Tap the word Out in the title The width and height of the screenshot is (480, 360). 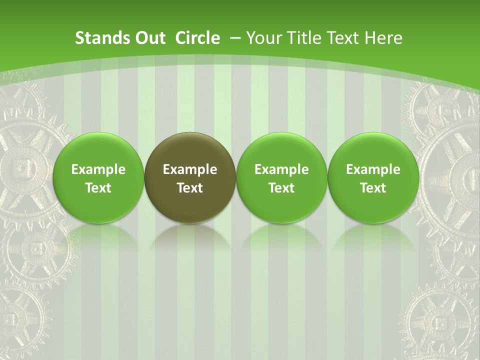point(148,38)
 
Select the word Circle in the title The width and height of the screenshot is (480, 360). point(197,38)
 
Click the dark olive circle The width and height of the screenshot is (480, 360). point(190,177)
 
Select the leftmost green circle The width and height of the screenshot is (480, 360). point(98,177)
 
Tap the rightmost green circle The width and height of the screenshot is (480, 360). point(373,177)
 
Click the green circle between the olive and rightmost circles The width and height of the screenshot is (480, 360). point(281,177)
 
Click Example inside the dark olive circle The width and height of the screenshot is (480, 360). point(190,169)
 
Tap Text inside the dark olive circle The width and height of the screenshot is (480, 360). point(190,188)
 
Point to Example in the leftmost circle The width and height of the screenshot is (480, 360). point(98,169)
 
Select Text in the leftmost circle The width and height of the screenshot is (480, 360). point(98,188)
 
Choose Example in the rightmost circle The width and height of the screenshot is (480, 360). point(373,169)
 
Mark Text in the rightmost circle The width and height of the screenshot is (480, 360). point(373,188)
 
